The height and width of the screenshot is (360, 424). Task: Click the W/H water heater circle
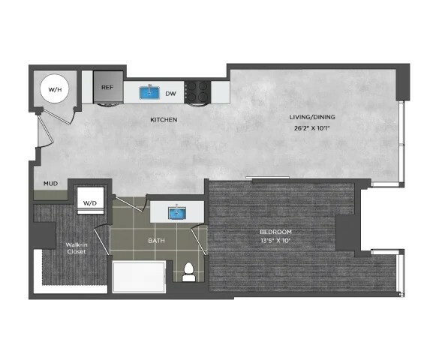pyautogui.click(x=55, y=88)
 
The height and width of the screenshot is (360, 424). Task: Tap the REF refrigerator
pyautogui.click(x=108, y=87)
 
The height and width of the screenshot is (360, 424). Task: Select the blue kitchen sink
pyautogui.click(x=149, y=92)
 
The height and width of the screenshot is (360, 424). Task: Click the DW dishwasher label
pyautogui.click(x=170, y=94)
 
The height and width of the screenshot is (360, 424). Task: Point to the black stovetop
pyautogui.click(x=197, y=92)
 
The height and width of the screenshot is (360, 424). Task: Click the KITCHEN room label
pyautogui.click(x=164, y=119)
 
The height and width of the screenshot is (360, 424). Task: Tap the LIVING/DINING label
pyautogui.click(x=312, y=117)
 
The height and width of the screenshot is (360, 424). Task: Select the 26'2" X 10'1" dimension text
pyautogui.click(x=312, y=128)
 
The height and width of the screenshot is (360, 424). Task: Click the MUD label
pyautogui.click(x=50, y=184)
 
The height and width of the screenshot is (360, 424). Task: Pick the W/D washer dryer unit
pyautogui.click(x=91, y=200)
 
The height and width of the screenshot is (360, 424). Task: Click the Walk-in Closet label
pyautogui.click(x=77, y=248)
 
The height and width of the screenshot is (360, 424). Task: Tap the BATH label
pyautogui.click(x=156, y=240)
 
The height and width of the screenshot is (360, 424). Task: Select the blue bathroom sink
pyautogui.click(x=177, y=213)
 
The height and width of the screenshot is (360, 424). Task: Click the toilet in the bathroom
pyautogui.click(x=189, y=272)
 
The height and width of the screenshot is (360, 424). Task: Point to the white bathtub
pyautogui.click(x=139, y=277)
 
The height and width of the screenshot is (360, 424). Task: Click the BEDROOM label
pyautogui.click(x=275, y=232)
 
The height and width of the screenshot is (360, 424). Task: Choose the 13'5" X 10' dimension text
pyautogui.click(x=275, y=240)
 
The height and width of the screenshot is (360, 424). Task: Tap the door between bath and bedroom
pyautogui.click(x=199, y=240)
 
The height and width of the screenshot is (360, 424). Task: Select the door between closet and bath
pyautogui.click(x=101, y=241)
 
